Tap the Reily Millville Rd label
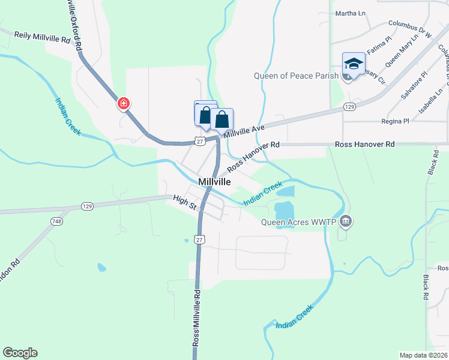pyautogui.click(x=42, y=38)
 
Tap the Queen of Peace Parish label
pyautogui.click(x=292, y=76)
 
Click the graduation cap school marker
pyautogui.click(x=354, y=64)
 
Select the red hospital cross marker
pyautogui.click(x=124, y=103)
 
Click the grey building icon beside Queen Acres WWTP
pyautogui.click(x=345, y=222)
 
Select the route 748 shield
pyautogui.click(x=56, y=221)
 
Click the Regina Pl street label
pyautogui.click(x=395, y=121)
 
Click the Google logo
pyautogui.click(x=20, y=353)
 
